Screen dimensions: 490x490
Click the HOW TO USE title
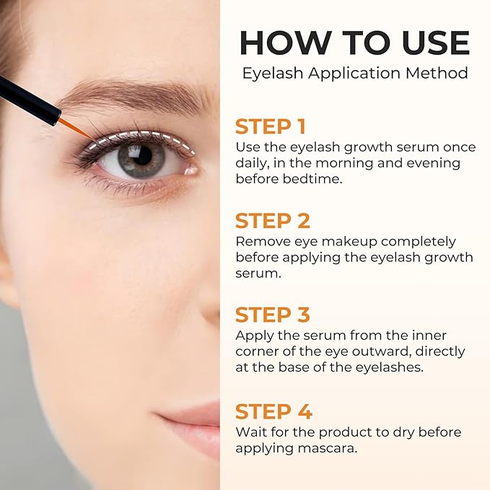[354, 43]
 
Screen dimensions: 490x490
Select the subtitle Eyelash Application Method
[354, 73]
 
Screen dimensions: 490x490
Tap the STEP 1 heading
[271, 126]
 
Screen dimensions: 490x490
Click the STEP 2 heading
[272, 221]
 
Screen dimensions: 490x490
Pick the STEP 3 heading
[273, 315]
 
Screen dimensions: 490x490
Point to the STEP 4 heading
[274, 411]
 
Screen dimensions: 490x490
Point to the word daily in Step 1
[252, 162]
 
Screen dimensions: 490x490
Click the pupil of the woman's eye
[141, 155]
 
